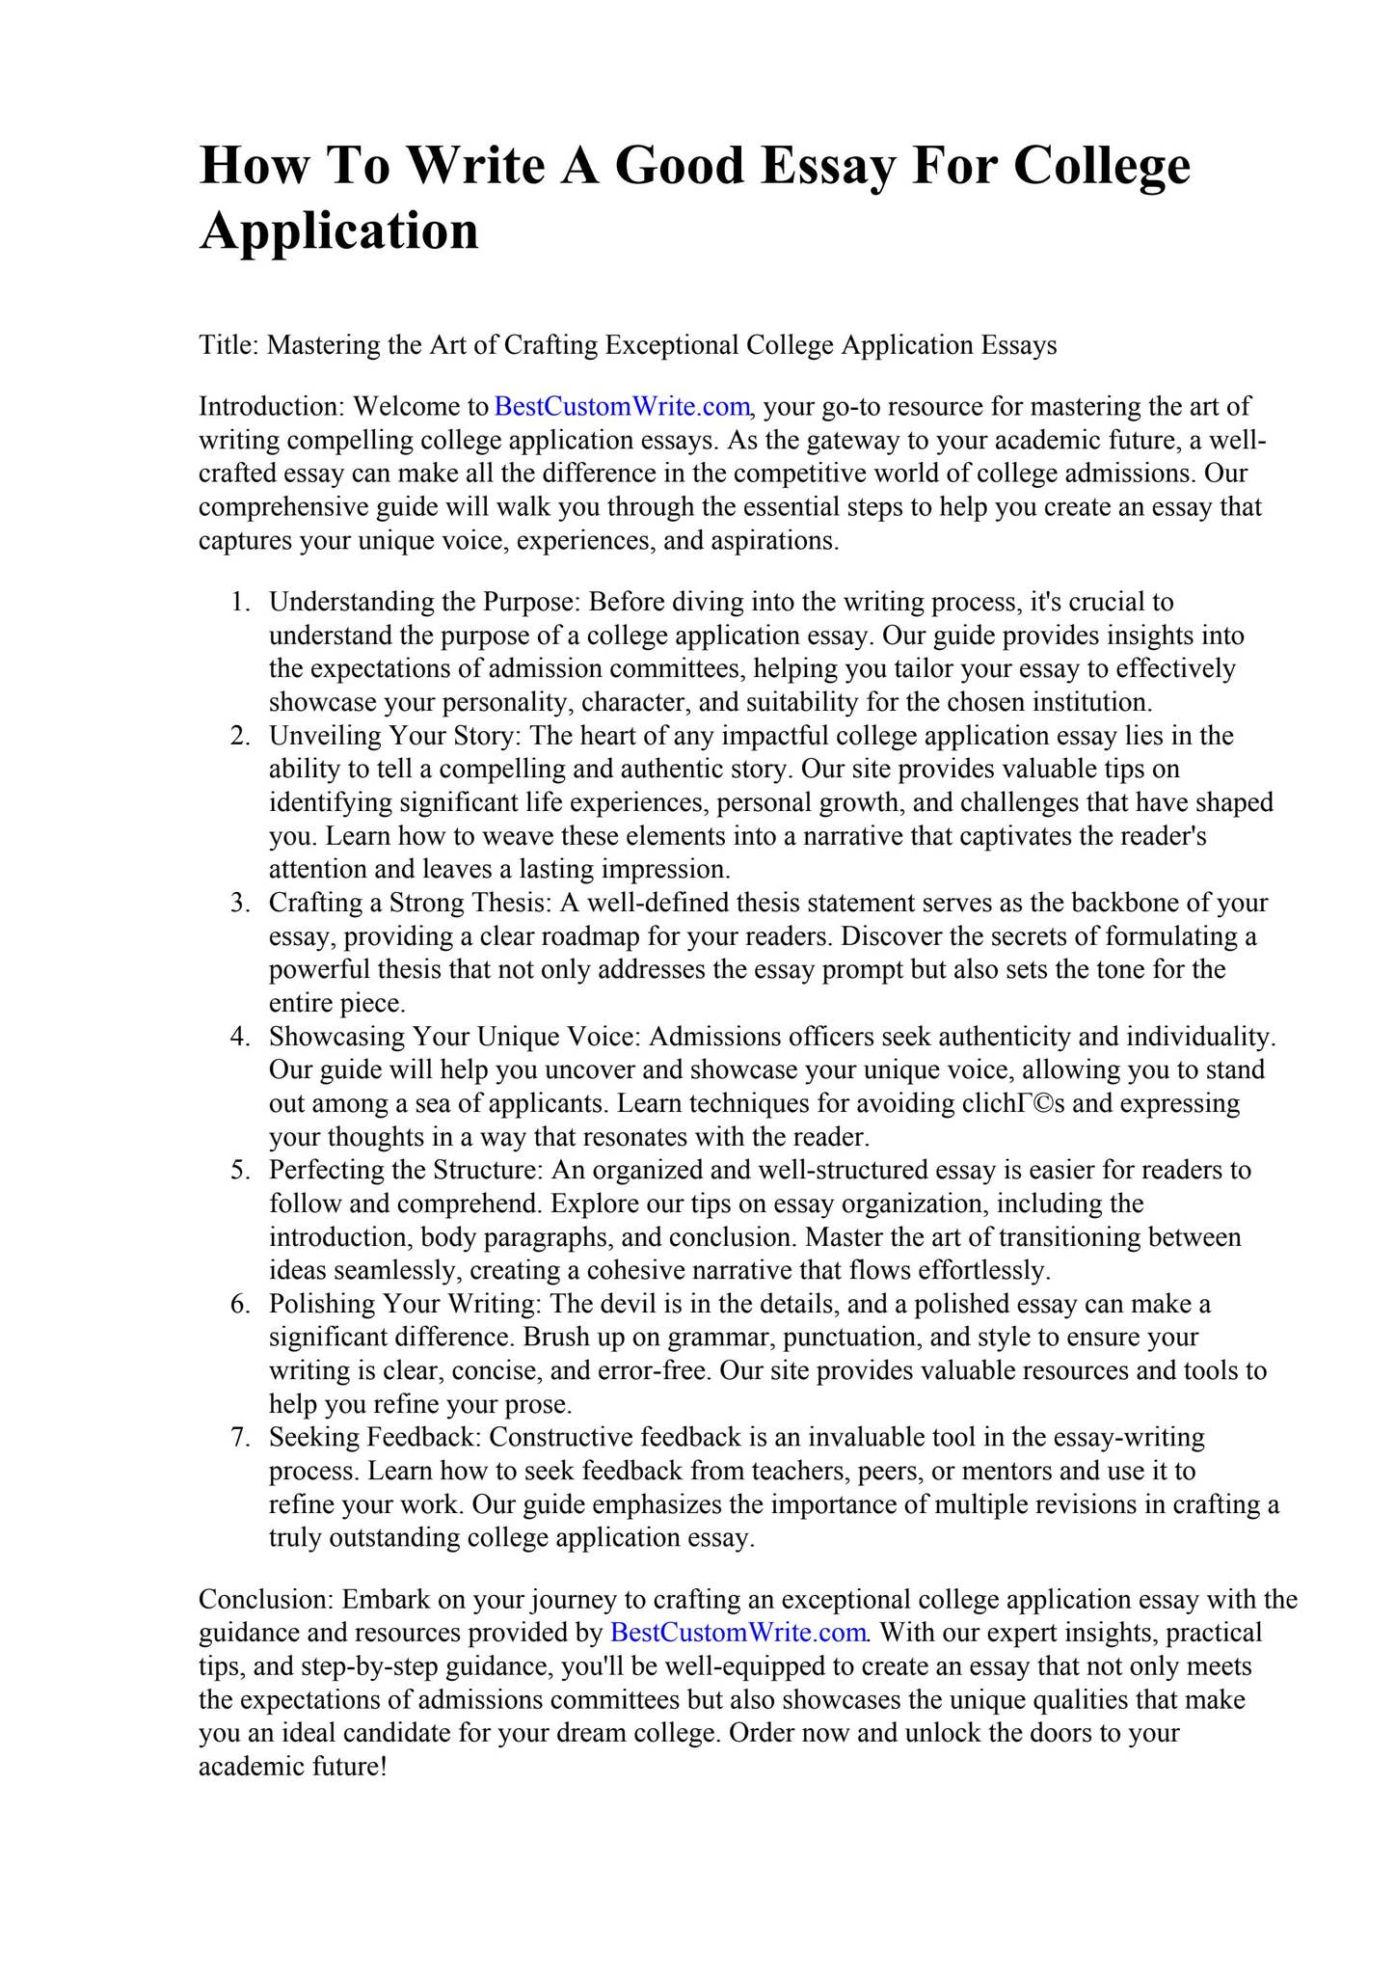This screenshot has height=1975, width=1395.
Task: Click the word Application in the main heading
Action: pos(338,231)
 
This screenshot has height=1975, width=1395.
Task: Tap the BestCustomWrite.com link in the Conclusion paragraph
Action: pos(738,1633)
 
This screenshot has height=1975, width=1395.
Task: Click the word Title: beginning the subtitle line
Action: pos(228,344)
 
